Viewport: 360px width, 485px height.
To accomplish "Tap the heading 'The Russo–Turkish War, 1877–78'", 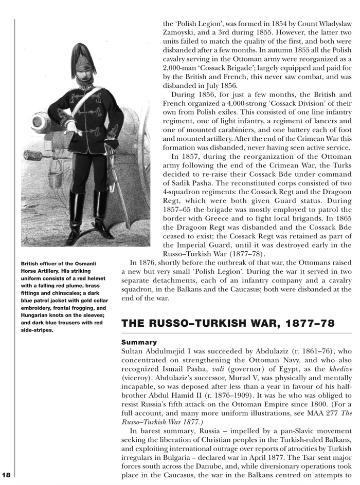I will point(227,323).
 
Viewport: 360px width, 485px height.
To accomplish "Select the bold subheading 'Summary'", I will point(139,341).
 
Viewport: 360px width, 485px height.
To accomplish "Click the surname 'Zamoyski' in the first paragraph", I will point(183,34).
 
